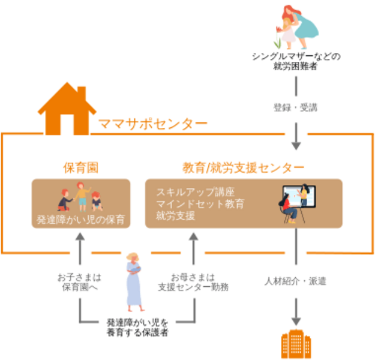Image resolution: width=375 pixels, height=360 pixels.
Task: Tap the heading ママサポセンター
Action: [152, 125]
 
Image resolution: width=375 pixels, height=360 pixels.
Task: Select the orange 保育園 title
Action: [80, 167]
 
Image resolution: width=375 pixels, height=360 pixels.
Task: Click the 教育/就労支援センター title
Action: [243, 167]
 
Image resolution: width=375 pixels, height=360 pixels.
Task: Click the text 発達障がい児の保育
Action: [80, 220]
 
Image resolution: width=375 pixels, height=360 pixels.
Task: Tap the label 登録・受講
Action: [295, 109]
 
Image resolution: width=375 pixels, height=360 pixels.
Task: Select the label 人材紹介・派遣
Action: [295, 280]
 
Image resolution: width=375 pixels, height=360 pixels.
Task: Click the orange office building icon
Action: [295, 343]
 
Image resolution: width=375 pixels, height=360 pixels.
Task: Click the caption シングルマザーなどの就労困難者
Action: [295, 61]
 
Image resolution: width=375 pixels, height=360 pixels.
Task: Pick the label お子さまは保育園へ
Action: [80, 281]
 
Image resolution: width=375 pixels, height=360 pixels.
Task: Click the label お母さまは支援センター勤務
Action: [193, 281]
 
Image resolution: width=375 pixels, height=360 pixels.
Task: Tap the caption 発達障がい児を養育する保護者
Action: [137, 326]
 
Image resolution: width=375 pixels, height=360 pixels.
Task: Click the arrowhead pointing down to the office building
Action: [295, 319]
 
